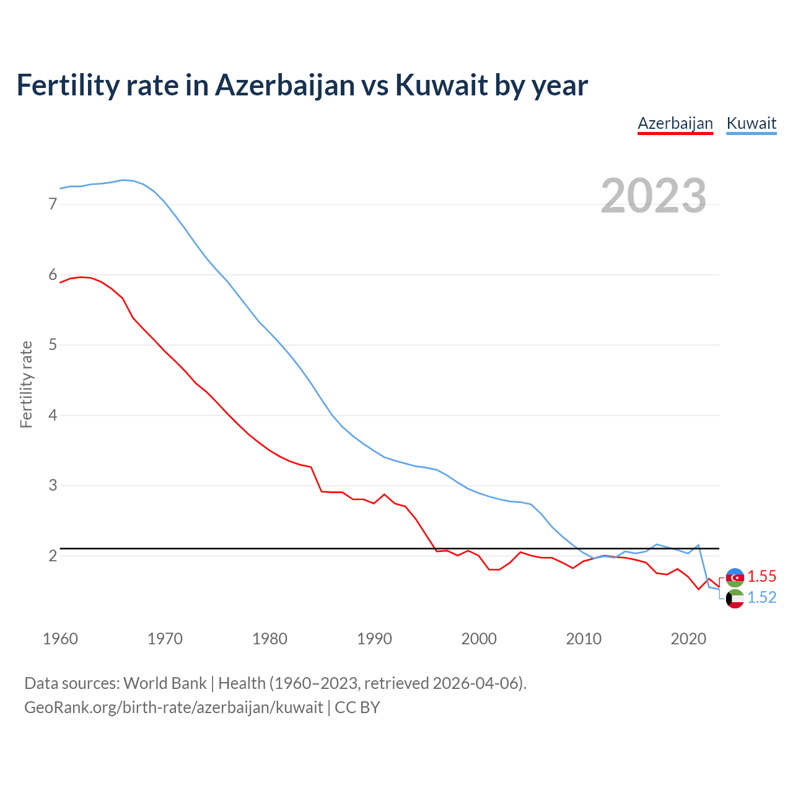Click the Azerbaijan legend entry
[x=675, y=123]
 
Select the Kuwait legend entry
[x=751, y=123]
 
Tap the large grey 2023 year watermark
[x=654, y=196]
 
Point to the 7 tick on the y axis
[x=53, y=204]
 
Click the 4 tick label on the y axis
[x=53, y=415]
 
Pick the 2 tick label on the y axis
[x=53, y=556]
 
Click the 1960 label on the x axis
[x=60, y=639]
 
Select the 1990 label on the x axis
[x=374, y=639]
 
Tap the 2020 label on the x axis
[x=688, y=639]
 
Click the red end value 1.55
[x=761, y=576]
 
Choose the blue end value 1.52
[x=761, y=597]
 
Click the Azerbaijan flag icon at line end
[x=735, y=577]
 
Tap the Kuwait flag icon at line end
[x=735, y=599]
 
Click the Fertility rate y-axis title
[x=26, y=384]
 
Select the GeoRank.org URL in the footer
[x=173, y=708]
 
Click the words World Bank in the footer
[x=165, y=683]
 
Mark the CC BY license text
[x=357, y=708]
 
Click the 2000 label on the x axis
[x=479, y=639]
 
